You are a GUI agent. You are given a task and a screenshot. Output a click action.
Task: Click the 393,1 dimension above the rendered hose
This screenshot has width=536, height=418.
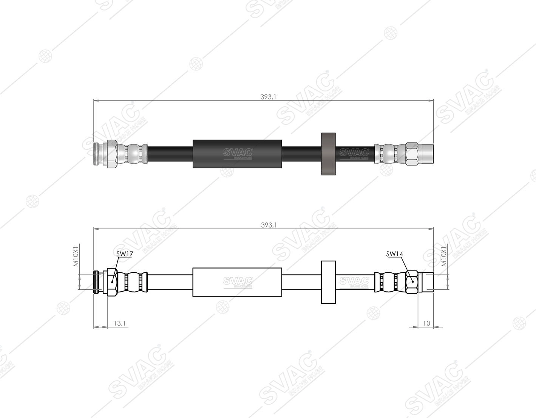pyautogui.click(x=268, y=97)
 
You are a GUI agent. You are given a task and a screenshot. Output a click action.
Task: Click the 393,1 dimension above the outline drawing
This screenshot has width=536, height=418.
pyautogui.click(x=269, y=225)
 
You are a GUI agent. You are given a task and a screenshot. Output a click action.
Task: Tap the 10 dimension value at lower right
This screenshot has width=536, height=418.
pyautogui.click(x=426, y=323)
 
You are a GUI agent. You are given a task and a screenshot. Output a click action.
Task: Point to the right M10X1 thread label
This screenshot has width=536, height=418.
pyautogui.click(x=444, y=256)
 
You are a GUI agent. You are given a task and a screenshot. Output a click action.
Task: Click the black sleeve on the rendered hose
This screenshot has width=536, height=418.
pyautogui.click(x=237, y=154)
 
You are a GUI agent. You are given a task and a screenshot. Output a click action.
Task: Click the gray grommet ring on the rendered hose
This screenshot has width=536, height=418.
pyautogui.click(x=328, y=154)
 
